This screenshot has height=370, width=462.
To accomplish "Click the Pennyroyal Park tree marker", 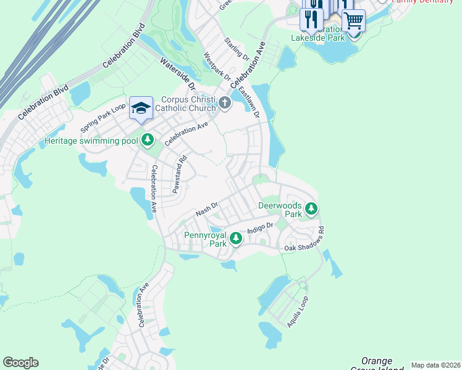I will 235,238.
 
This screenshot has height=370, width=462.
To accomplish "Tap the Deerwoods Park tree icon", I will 312,209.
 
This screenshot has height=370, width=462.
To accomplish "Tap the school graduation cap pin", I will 141,109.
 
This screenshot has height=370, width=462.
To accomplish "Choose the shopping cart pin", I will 353,20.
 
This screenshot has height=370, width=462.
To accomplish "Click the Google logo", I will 20,363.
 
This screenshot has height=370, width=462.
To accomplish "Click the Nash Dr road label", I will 207,210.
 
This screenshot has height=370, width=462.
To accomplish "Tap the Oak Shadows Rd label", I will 304,240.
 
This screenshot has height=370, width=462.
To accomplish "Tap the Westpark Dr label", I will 217,67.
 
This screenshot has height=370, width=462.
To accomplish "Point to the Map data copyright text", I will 435,365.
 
